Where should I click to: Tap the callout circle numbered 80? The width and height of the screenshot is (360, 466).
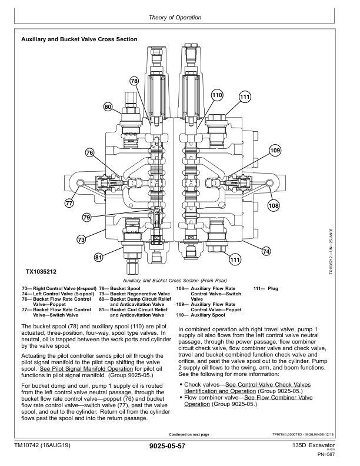click(108, 107)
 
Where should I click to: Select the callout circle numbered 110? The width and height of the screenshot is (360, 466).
click(217, 95)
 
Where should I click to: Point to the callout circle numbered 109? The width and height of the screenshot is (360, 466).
click(275, 151)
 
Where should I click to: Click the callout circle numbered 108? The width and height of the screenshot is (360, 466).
click(274, 206)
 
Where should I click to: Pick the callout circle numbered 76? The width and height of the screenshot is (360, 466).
click(89, 153)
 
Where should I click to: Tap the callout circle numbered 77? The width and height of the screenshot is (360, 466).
click(69, 204)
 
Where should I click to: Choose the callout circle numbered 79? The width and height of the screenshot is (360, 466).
click(87, 218)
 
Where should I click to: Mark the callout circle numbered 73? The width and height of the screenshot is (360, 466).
click(82, 239)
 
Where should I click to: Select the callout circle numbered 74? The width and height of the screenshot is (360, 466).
click(266, 251)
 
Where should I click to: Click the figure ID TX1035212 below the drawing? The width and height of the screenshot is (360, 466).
click(42, 273)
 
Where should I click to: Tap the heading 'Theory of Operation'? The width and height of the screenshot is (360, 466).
click(180, 18)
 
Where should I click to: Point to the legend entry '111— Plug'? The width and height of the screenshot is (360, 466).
click(265, 288)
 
